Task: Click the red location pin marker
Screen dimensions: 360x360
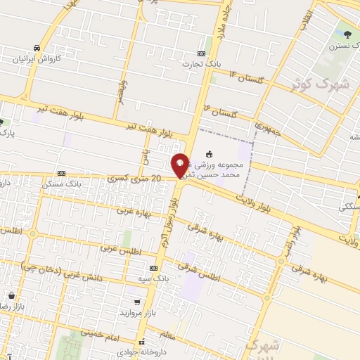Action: pos(180,166)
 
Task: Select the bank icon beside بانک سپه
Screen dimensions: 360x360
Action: pos(153,268)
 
